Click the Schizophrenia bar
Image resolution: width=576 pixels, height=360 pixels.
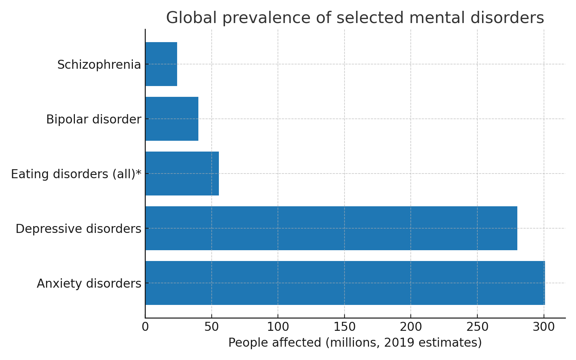[161, 64]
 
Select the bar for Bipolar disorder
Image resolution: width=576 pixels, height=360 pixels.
[172, 119]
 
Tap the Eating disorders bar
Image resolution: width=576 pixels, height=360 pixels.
[182, 174]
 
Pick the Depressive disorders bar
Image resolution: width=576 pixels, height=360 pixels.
[331, 228]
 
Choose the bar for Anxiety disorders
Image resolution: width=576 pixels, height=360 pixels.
[345, 283]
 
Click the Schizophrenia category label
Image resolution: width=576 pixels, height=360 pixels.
[99, 65]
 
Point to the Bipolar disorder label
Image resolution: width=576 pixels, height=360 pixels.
[94, 120]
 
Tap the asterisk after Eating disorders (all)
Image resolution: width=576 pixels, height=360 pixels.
[139, 173]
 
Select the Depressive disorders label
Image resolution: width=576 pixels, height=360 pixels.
[78, 229]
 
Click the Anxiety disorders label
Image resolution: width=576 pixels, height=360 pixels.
[89, 284]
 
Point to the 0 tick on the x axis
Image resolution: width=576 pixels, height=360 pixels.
[145, 327]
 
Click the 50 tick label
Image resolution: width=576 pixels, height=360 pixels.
[212, 327]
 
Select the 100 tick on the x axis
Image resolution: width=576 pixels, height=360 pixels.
[278, 327]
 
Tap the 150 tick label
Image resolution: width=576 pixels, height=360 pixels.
[345, 327]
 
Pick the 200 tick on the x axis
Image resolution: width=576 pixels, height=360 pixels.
[411, 327]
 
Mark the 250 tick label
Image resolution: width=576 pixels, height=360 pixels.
[477, 327]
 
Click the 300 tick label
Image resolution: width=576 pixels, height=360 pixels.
[544, 327]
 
